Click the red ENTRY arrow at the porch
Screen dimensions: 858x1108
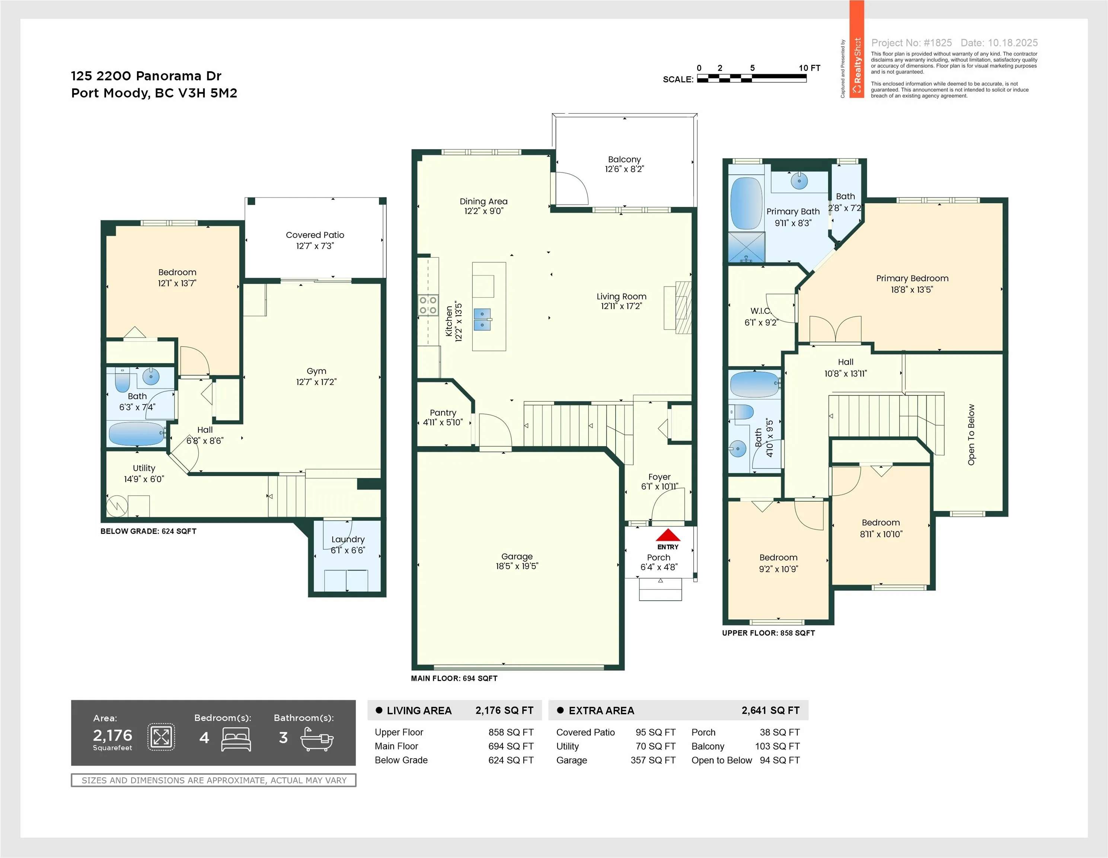point(668,536)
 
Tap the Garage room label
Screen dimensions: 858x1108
point(517,556)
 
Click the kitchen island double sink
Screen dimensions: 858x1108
point(482,320)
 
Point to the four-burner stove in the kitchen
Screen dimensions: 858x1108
point(428,305)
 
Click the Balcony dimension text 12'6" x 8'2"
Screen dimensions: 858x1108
point(624,169)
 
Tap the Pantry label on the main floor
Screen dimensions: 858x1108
point(443,413)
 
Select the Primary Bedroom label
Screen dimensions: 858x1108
point(911,278)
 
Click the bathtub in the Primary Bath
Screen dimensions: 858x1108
point(746,203)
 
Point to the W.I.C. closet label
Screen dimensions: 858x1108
point(760,311)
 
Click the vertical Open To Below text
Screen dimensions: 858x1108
point(971,434)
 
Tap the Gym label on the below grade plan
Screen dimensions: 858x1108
point(316,371)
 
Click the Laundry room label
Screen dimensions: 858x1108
point(348,539)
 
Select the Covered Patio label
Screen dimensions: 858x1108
point(314,235)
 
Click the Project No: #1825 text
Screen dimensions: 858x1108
point(911,43)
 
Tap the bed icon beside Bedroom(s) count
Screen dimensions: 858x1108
point(236,739)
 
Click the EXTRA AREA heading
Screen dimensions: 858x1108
point(601,710)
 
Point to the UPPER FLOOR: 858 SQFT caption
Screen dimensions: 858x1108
point(768,633)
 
